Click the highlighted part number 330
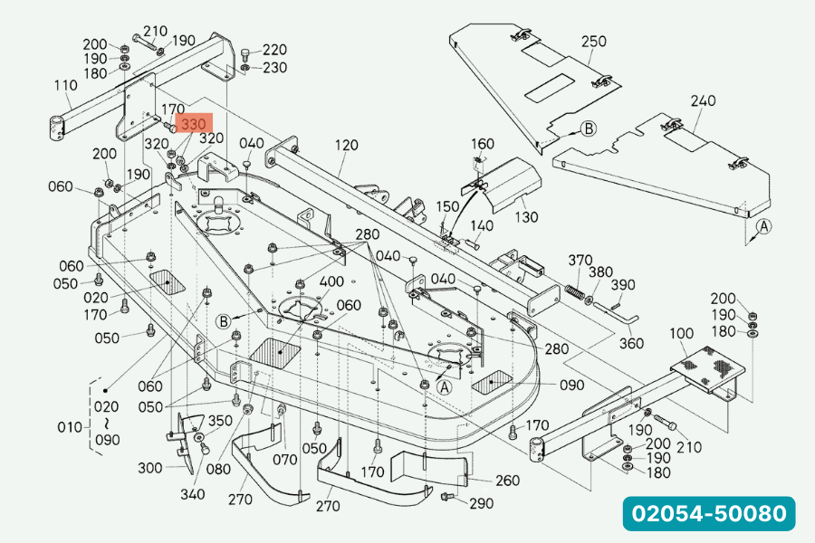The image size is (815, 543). [195, 124]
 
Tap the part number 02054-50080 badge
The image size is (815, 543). [709, 513]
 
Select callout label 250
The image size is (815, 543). [594, 42]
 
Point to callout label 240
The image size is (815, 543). [703, 100]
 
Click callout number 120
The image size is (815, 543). [346, 146]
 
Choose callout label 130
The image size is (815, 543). [525, 217]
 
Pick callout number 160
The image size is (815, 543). [483, 144]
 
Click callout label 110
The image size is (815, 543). [65, 86]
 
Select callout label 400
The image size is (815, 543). [331, 281]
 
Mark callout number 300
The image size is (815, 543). [150, 468]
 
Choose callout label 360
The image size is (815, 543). [631, 343]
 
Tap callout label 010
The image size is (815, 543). [70, 425]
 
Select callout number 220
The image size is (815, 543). [274, 51]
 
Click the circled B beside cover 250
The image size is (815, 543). [589, 129]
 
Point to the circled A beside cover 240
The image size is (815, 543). [763, 226]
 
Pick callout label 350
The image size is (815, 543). [221, 421]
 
